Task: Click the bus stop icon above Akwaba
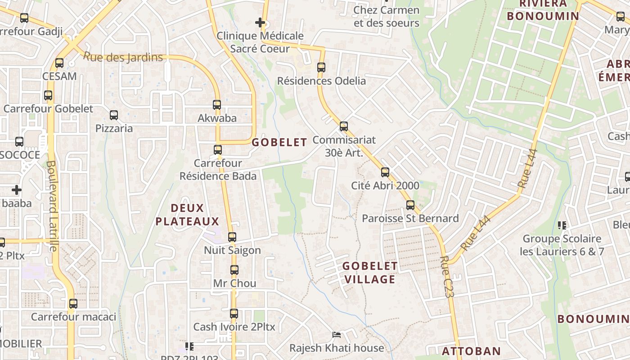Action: (217, 105)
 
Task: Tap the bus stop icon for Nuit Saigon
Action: (232, 237)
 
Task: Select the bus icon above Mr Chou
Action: (234, 270)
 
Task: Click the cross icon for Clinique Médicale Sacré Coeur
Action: (260, 22)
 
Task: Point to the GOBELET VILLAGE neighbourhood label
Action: (370, 272)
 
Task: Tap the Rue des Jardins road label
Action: (123, 57)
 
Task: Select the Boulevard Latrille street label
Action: (52, 206)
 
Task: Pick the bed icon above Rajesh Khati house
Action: (336, 334)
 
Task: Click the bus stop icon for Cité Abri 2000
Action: (385, 172)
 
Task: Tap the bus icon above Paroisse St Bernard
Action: (410, 205)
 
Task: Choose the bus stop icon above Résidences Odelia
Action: (321, 67)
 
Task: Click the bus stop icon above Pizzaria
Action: (114, 115)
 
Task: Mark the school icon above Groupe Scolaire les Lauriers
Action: (562, 225)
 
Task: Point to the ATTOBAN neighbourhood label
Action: (471, 351)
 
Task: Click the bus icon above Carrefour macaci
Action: (73, 304)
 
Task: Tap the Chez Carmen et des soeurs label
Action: (386, 16)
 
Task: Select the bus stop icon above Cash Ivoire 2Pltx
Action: (234, 313)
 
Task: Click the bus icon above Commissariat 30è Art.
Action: (344, 126)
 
